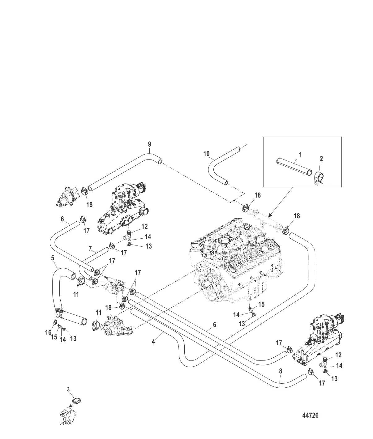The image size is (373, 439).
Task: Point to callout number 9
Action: pos(149,144)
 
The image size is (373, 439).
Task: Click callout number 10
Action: pos(206,154)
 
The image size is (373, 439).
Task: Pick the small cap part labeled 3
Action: pos(76,401)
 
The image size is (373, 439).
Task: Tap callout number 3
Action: pos(68,390)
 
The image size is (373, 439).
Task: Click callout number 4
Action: pos(153,342)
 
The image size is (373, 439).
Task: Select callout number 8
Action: pos(280,371)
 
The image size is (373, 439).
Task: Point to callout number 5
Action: pos(53,257)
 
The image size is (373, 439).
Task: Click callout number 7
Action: pos(90,249)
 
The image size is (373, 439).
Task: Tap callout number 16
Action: pos(48,332)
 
